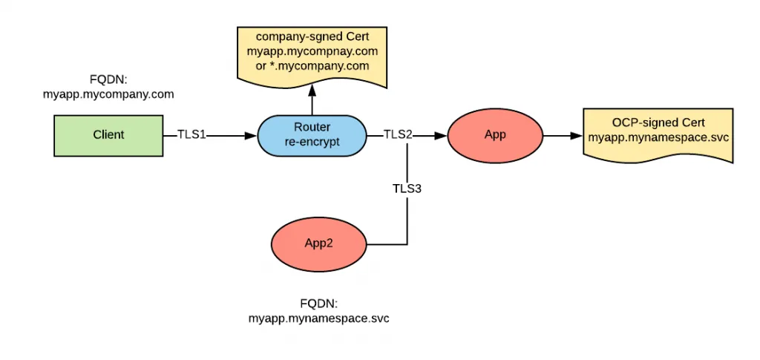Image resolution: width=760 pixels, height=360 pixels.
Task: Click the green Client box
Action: click(x=108, y=135)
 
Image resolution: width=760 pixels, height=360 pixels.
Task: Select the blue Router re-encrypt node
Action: click(x=312, y=135)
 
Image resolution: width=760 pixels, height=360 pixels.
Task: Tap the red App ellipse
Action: click(x=494, y=136)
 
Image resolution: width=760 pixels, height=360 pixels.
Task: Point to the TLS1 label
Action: click(x=191, y=135)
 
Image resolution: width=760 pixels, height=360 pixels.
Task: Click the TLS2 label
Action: click(x=398, y=135)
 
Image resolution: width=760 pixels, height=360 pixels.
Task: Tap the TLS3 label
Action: click(x=407, y=189)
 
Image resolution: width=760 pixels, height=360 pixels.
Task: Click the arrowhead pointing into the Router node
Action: click(x=252, y=136)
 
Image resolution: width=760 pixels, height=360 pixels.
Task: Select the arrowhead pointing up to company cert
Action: click(x=312, y=89)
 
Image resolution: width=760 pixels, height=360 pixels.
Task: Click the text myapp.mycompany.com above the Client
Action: click(x=108, y=94)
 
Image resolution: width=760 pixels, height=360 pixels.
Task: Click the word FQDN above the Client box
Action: click(x=108, y=80)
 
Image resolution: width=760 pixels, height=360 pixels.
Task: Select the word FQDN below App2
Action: click(x=319, y=304)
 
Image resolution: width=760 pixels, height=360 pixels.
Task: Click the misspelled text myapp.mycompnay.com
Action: click(x=312, y=51)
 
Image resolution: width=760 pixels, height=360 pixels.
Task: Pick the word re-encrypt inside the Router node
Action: click(x=312, y=142)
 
